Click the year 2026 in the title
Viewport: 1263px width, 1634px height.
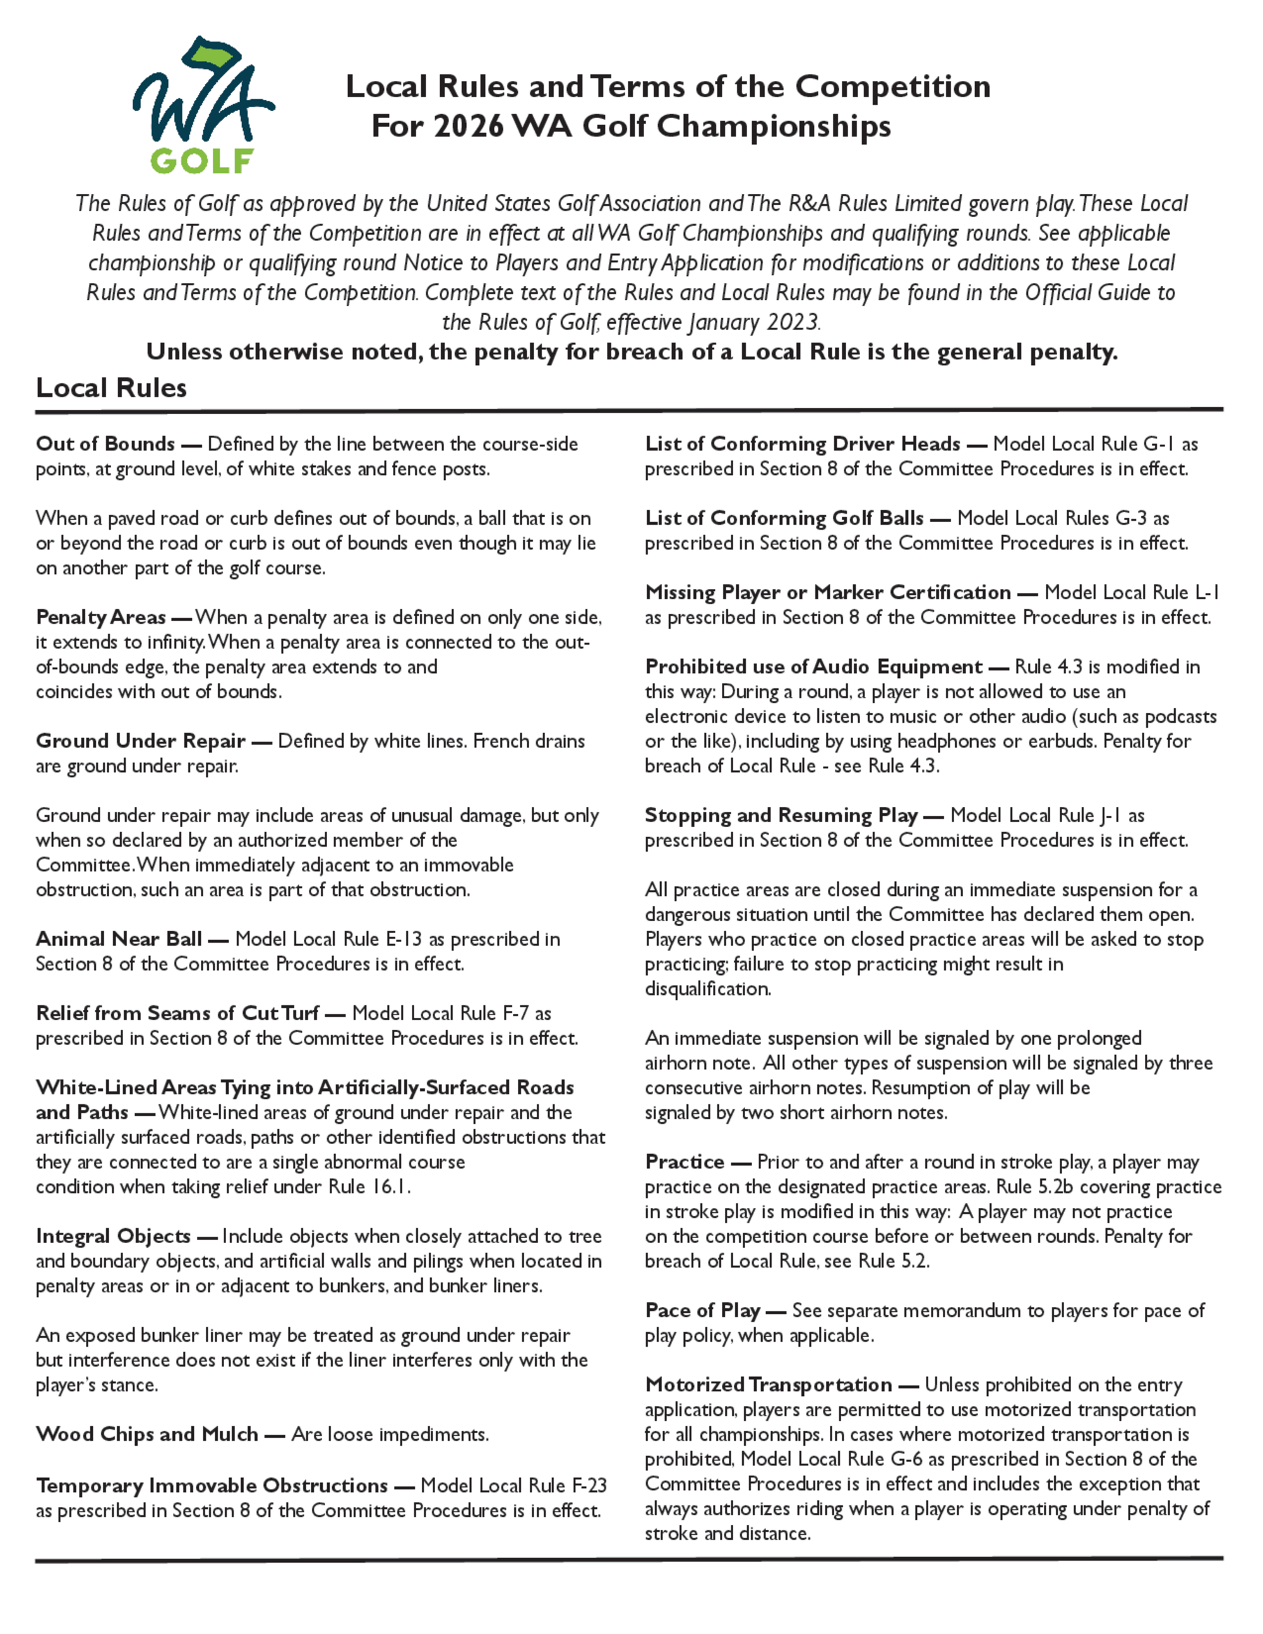point(469,126)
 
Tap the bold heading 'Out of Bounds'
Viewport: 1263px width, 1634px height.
point(105,444)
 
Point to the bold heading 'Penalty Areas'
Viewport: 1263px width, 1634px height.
point(101,617)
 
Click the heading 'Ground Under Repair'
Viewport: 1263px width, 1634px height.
point(141,741)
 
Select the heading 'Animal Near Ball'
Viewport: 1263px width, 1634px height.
point(119,939)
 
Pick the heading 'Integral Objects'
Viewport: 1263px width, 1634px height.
point(113,1236)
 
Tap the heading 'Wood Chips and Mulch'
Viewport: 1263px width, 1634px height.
point(147,1434)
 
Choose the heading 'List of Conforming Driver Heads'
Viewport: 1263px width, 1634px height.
point(802,444)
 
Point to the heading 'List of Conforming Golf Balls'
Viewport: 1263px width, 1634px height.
point(784,518)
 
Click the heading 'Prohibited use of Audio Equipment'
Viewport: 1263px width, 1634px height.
point(813,667)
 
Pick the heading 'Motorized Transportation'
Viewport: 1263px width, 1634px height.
point(769,1385)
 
